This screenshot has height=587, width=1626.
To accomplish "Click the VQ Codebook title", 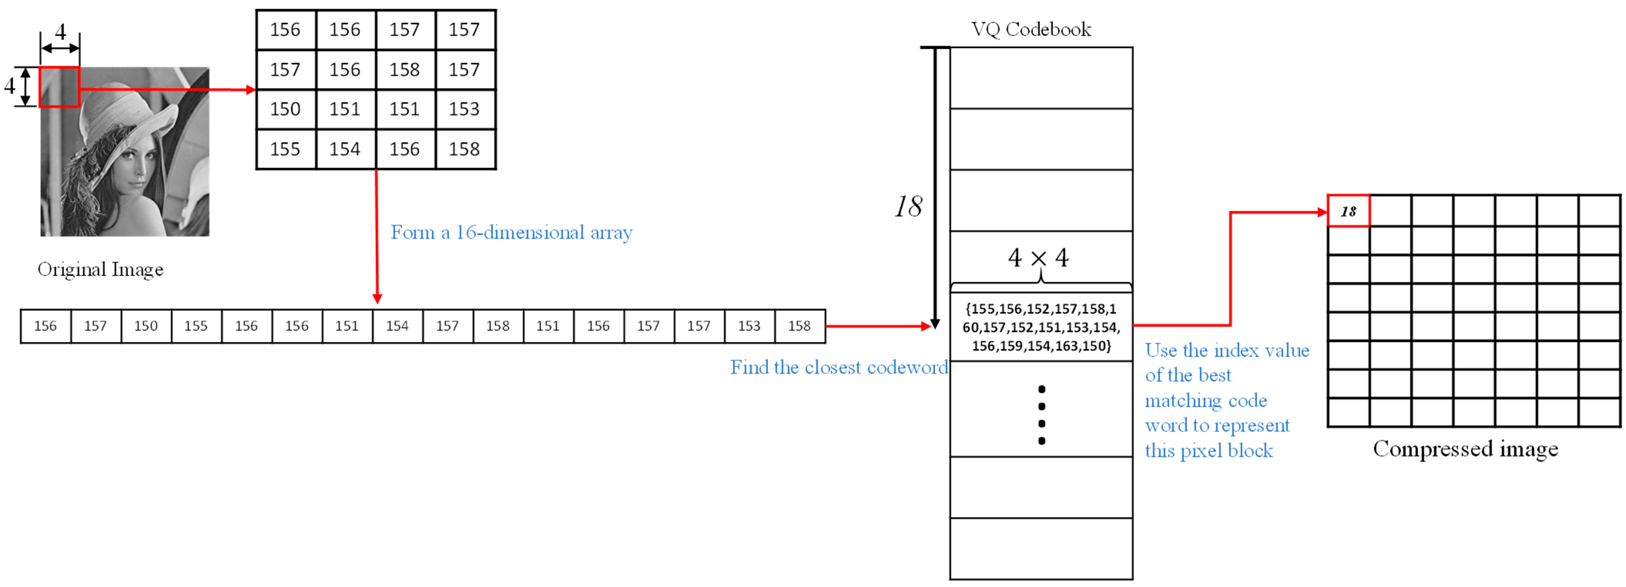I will point(1031,29).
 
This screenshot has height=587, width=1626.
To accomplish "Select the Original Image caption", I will point(101,270).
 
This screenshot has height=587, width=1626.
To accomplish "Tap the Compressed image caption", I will point(1465,449).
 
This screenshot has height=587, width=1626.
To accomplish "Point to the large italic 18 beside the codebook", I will point(908,206).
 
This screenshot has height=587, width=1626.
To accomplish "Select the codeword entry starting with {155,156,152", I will point(1041,327).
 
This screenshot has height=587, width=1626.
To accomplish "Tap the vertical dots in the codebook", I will point(1041,415).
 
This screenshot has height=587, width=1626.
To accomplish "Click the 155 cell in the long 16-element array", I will point(196,326).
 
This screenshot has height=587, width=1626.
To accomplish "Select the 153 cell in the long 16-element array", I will point(749,326).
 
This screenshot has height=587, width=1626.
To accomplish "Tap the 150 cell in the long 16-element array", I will point(146,326).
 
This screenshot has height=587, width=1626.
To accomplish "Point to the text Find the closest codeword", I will point(838,367).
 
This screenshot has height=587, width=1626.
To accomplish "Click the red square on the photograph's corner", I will point(59,87).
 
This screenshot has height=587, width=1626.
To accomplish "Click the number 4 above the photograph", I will point(60,32).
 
